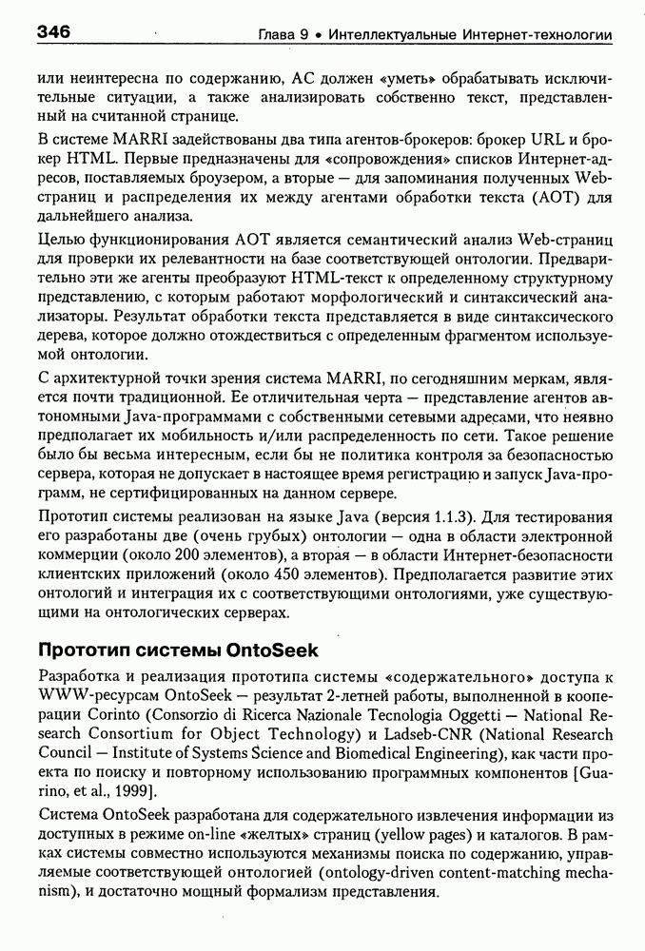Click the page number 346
(54, 33)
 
